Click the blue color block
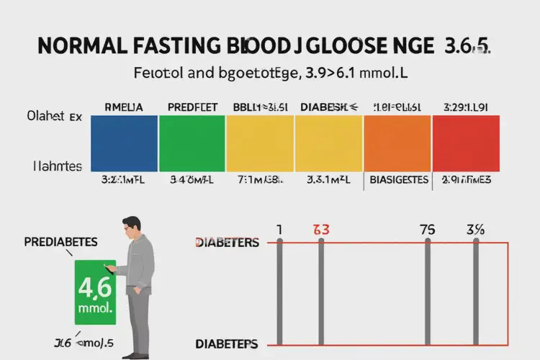(124, 144)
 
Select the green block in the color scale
(192, 144)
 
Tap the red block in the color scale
(464, 144)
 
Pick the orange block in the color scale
(397, 144)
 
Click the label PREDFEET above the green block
(192, 107)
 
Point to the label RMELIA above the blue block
(124, 107)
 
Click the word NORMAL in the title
(78, 45)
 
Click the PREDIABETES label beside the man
(60, 241)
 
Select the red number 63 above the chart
(321, 230)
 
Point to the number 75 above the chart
(428, 230)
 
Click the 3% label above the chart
(475, 230)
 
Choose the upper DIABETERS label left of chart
(227, 243)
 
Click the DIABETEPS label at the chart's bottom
(227, 343)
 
